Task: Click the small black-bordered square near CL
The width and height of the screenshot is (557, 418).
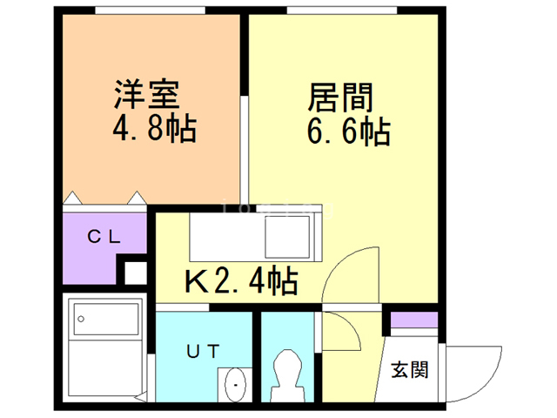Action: click(135, 273)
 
